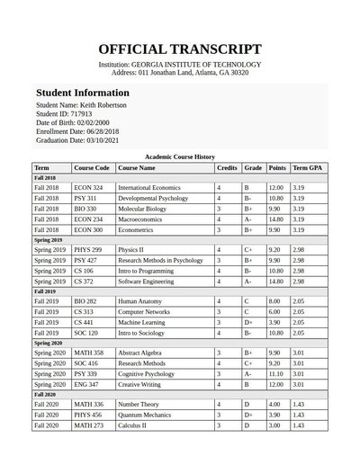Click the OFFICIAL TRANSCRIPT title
180,49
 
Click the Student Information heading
82,93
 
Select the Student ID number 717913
82,114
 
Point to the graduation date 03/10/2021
113,140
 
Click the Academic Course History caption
180,156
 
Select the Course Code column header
92,168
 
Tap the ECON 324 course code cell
88,187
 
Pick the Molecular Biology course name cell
142,209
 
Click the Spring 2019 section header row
180,241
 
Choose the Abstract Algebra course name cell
141,353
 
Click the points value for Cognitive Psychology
276,373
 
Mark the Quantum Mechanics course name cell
145,415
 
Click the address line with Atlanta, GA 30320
180,72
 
